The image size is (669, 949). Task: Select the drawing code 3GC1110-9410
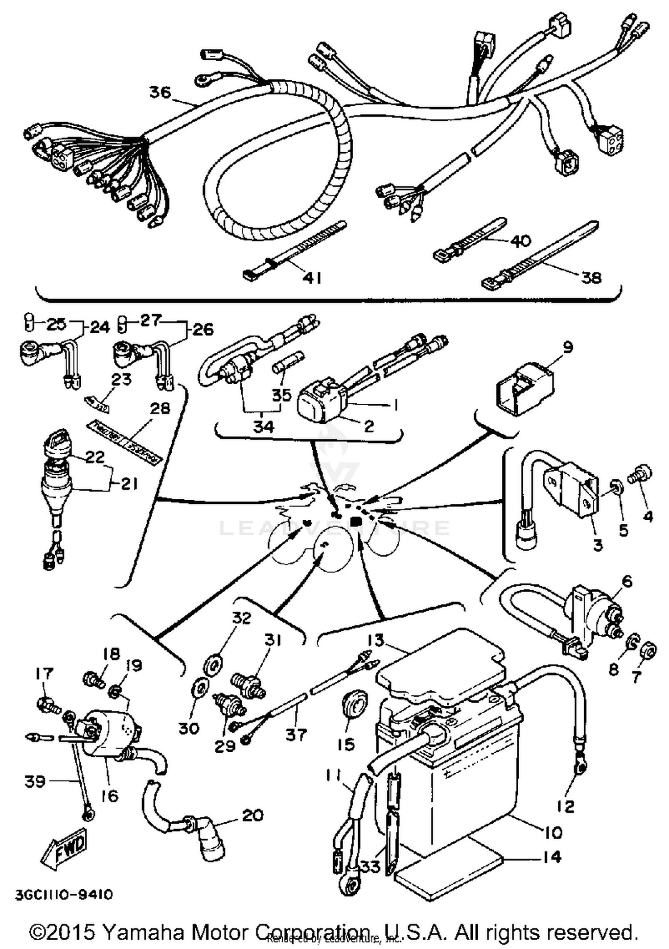coord(64,895)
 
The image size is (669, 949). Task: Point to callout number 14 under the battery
coord(552,857)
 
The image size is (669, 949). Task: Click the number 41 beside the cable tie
coord(312,278)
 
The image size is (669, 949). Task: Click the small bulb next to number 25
coord(28,322)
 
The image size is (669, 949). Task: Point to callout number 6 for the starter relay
coord(627,581)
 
